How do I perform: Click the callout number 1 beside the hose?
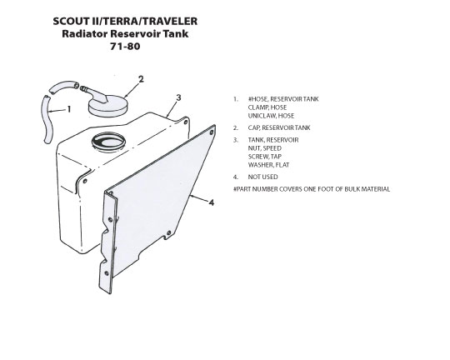pyautogui.click(x=69, y=109)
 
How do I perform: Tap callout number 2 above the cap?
pyautogui.click(x=141, y=79)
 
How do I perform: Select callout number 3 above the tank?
pyautogui.click(x=179, y=97)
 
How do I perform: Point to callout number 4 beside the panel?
pyautogui.click(x=212, y=202)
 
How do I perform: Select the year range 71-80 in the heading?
pyautogui.click(x=125, y=46)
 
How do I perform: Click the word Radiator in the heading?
pyautogui.click(x=85, y=33)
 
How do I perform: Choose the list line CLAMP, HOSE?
pyautogui.click(x=267, y=107)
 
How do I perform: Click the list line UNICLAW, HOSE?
pyautogui.click(x=271, y=116)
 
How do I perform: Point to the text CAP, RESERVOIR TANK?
pyautogui.click(x=279, y=127)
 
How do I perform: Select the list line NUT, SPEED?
pyautogui.click(x=265, y=148)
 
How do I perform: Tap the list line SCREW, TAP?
pyautogui.click(x=265, y=157)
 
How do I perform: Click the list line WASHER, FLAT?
pyautogui.click(x=268, y=165)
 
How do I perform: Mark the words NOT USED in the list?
pyautogui.click(x=262, y=177)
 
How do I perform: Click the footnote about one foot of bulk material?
pyautogui.click(x=312, y=189)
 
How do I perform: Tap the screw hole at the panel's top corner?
pyautogui.click(x=212, y=132)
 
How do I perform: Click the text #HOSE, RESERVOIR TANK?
pyautogui.click(x=283, y=99)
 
